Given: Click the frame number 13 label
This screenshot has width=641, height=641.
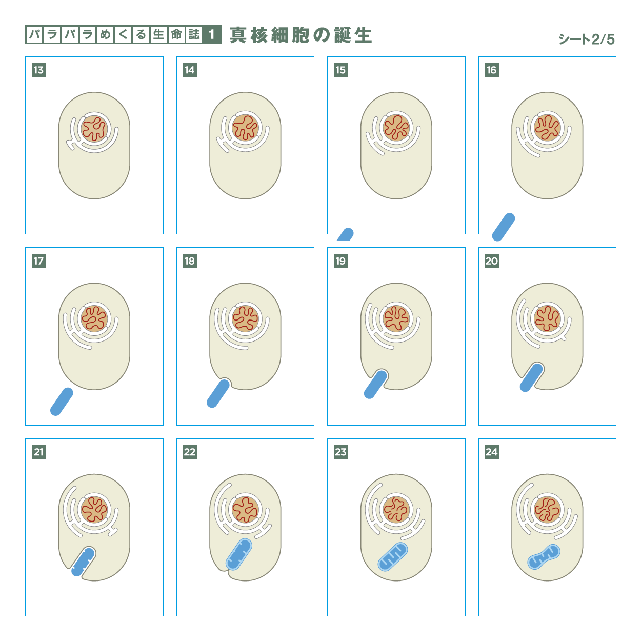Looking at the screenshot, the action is click(x=38, y=70).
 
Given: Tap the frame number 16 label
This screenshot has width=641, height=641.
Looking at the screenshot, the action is click(x=492, y=70).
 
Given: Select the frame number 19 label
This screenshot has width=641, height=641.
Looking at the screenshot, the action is click(x=340, y=261).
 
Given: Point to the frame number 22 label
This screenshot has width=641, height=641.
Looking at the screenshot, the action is click(x=190, y=452).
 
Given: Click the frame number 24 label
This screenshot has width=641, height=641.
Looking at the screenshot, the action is click(x=492, y=452).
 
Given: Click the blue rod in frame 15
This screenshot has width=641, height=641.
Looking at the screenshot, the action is click(x=345, y=234).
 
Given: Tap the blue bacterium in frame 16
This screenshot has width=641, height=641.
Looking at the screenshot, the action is click(x=503, y=227).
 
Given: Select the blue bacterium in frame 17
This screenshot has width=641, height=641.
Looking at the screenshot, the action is click(x=62, y=402).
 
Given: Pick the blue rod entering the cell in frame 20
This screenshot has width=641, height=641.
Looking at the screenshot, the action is click(x=532, y=377).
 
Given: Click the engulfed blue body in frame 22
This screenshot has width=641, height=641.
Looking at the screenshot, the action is click(x=239, y=554).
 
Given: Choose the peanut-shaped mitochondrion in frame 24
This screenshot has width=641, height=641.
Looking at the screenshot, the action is click(x=544, y=557).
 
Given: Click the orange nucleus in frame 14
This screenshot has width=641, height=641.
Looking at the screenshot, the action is click(x=246, y=128).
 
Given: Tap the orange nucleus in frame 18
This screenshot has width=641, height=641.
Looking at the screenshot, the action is click(x=246, y=318).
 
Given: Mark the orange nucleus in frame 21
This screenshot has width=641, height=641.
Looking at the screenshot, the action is click(x=94, y=510).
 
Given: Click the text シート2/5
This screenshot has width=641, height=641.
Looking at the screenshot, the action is click(x=587, y=39).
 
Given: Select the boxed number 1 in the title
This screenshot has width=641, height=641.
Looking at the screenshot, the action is click(x=212, y=34).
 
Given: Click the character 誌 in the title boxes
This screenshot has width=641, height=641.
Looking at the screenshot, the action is click(x=194, y=34).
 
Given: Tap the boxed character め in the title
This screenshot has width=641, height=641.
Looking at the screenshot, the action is click(x=106, y=34).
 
